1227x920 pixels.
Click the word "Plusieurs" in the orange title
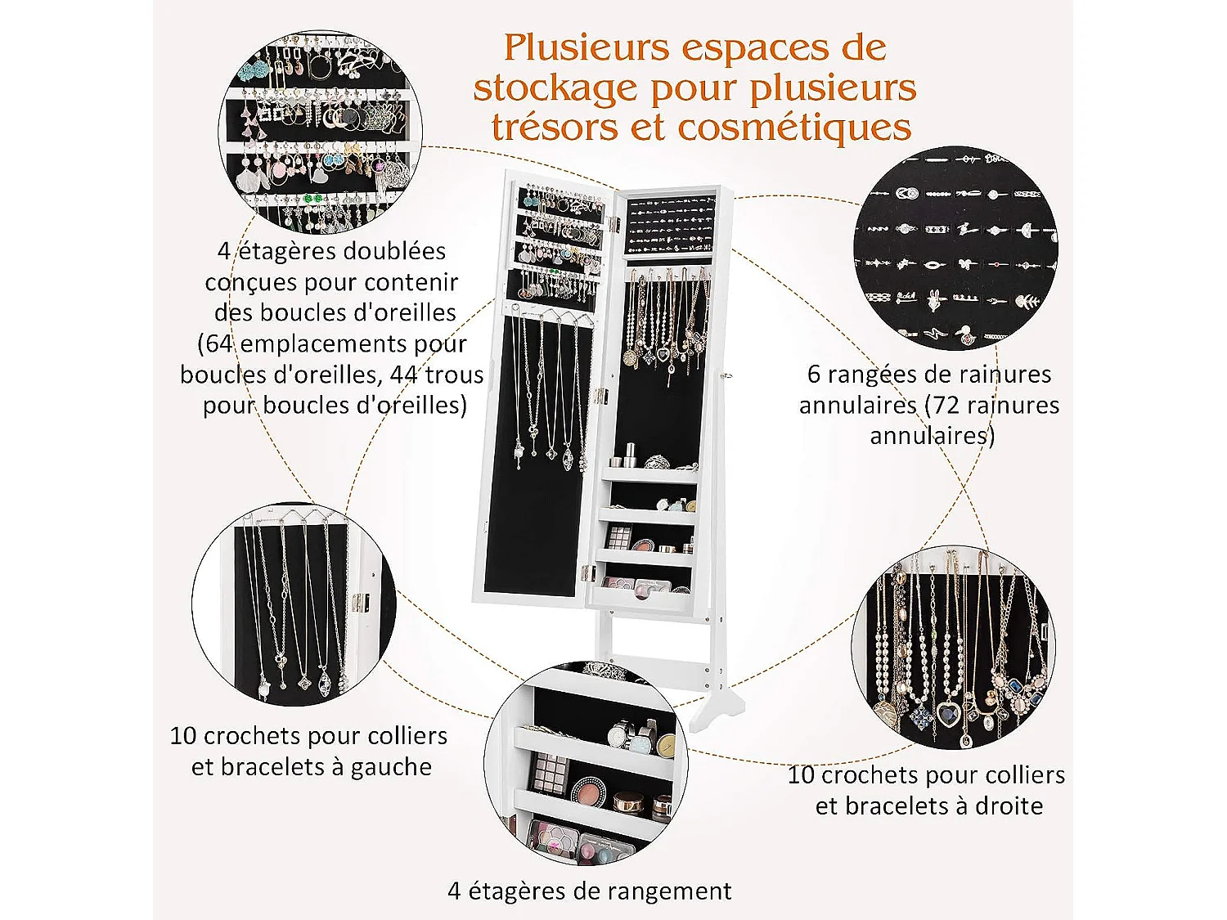click(x=586, y=49)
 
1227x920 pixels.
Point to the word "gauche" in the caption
click(x=391, y=767)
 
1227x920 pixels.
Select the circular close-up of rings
click(x=955, y=249)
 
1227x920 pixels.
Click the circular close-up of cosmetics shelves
click(x=586, y=765)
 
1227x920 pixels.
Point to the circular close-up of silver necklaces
click(x=294, y=605)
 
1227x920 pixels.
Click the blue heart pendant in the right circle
click(x=948, y=713)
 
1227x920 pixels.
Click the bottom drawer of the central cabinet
click(x=646, y=601)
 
